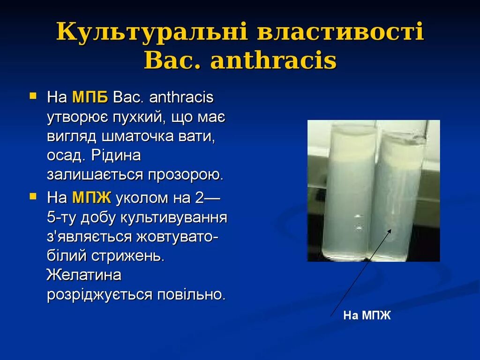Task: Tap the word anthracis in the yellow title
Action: point(274,61)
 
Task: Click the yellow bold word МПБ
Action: point(90,97)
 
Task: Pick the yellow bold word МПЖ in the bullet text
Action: point(91,198)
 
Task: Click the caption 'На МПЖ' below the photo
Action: point(367,315)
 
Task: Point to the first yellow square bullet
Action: point(33,97)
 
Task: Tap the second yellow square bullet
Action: point(33,197)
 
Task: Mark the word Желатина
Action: point(84,275)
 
